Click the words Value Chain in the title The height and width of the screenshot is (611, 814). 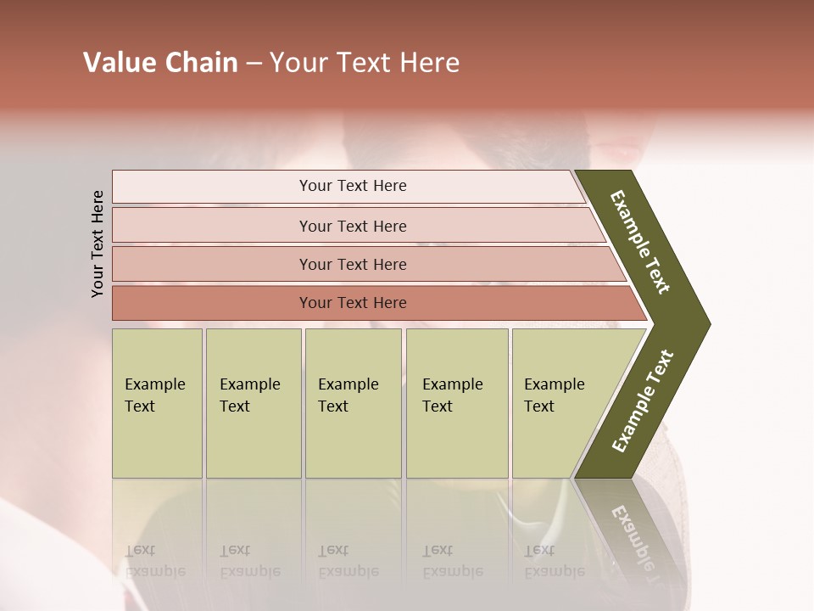click(160, 63)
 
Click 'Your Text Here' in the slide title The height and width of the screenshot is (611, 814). click(365, 63)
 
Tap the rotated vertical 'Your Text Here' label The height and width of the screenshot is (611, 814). click(98, 244)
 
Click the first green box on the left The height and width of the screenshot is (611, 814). click(157, 403)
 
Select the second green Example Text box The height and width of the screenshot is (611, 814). click(253, 403)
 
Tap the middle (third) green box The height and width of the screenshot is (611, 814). click(353, 403)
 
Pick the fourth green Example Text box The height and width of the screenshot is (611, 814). click(457, 403)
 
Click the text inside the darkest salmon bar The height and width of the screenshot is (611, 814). click(353, 303)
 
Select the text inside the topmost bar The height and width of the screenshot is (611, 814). click(353, 186)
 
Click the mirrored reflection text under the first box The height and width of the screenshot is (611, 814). click(154, 561)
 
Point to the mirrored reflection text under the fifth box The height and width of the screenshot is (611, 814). click(553, 561)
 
